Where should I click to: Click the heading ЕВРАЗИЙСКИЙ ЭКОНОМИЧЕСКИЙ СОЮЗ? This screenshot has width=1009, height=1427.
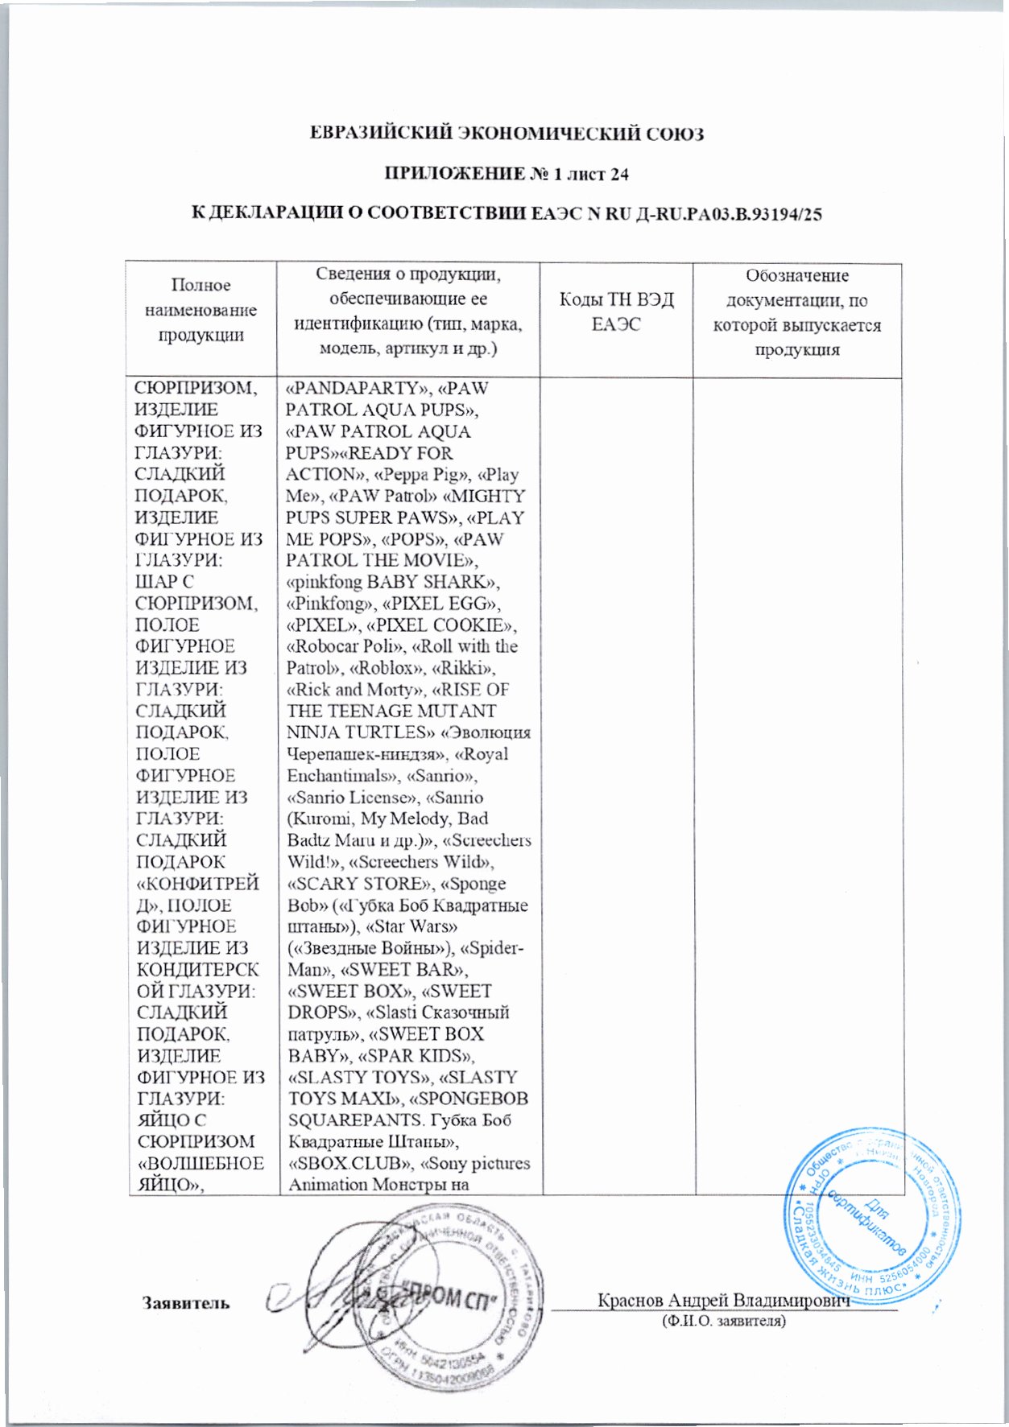tap(507, 134)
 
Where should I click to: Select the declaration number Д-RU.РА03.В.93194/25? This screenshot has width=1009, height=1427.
tap(728, 214)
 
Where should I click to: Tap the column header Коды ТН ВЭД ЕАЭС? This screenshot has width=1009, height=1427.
tap(616, 312)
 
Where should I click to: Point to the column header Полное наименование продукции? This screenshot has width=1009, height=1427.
tap(201, 310)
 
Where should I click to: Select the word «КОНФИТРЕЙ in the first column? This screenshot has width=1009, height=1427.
tap(197, 885)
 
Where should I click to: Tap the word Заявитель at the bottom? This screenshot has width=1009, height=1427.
tap(186, 1302)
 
